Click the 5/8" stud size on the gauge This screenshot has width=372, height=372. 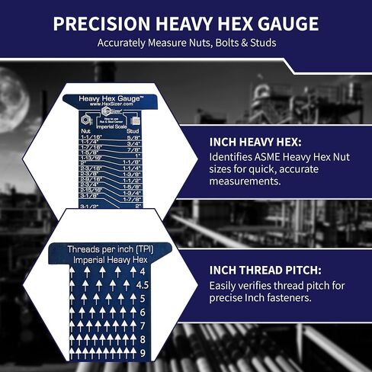pyautogui.click(x=134, y=137)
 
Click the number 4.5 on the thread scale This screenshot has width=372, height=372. pyautogui.click(x=141, y=284)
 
